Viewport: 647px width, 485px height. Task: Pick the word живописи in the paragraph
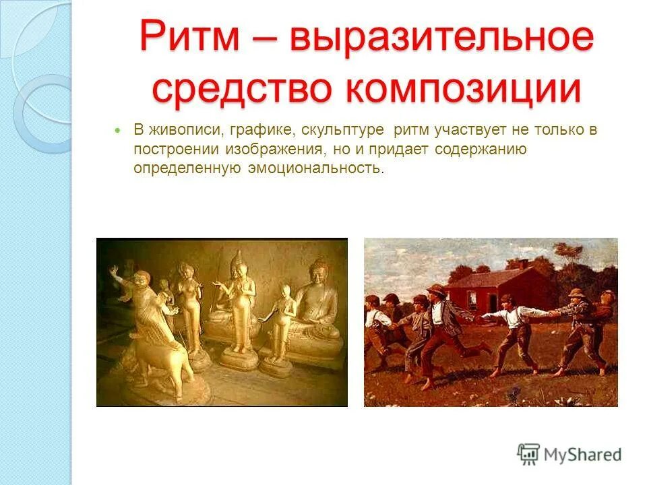[173, 130]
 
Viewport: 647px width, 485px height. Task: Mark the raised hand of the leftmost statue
[113, 271]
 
